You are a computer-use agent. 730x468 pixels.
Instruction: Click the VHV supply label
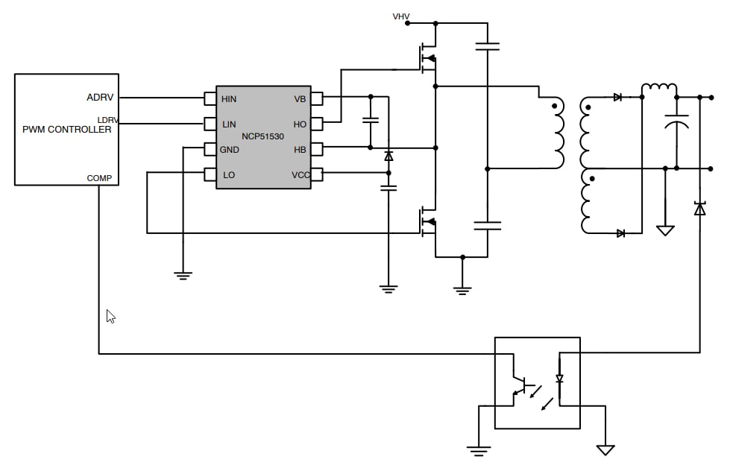pos(400,16)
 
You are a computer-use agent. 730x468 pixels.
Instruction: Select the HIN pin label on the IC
pos(229,98)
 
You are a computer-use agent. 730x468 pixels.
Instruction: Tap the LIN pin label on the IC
pos(228,124)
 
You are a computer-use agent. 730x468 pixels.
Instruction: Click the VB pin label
pos(300,98)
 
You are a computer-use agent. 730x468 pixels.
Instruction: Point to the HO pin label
pos(300,124)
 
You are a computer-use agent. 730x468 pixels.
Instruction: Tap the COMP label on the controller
pos(99,178)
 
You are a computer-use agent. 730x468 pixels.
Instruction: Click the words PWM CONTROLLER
pos(66,130)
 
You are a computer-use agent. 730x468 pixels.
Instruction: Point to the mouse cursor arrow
pos(110,316)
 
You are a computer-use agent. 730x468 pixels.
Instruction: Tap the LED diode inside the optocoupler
pos(559,379)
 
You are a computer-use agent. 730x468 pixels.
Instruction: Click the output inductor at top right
pos(658,90)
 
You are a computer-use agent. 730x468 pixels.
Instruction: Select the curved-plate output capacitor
pos(676,124)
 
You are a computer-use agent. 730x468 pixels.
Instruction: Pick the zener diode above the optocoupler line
pos(699,209)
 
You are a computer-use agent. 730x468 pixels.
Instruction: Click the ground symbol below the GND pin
pos(182,274)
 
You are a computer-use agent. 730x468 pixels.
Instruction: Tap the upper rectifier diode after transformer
pos(617,98)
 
